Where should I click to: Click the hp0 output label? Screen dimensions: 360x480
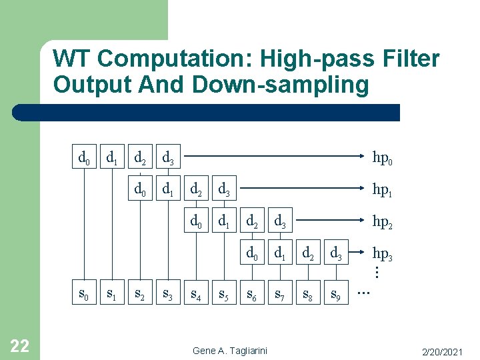[x=382, y=159]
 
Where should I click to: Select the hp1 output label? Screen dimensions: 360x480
[x=382, y=190]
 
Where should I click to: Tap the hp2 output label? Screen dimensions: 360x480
[x=382, y=221]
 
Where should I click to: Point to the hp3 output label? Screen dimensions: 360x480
[x=382, y=253]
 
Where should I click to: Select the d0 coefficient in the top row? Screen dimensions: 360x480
[x=84, y=159]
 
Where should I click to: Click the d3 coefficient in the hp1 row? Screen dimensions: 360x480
[x=225, y=190]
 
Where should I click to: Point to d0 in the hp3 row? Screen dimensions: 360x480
[x=253, y=253]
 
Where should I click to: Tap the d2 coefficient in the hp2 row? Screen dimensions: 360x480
[x=253, y=221]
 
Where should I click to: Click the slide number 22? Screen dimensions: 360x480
[x=20, y=345]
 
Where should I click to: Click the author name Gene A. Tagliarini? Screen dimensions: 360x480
[x=230, y=351]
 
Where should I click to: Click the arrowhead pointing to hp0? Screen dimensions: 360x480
[x=363, y=158]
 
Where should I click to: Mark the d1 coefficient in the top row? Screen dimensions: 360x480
[x=112, y=159]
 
